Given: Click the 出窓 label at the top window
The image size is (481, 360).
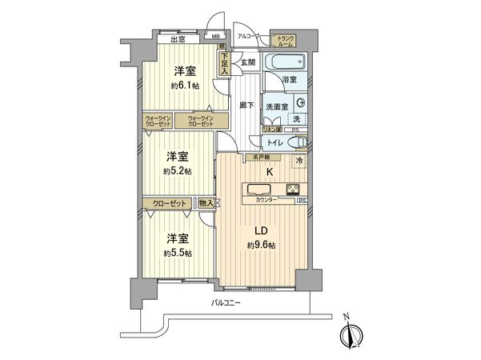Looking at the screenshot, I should (x=178, y=38).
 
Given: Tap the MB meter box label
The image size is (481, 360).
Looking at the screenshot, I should (x=215, y=36).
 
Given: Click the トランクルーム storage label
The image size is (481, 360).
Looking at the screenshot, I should (x=285, y=41).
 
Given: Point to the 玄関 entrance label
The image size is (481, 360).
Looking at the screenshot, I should (x=248, y=63).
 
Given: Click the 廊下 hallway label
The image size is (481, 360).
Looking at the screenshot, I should (x=247, y=105).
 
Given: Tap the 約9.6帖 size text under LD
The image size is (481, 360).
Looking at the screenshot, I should (x=261, y=245).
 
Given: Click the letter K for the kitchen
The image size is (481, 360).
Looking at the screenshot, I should (x=270, y=172).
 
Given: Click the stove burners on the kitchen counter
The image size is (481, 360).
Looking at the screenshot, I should (x=294, y=190).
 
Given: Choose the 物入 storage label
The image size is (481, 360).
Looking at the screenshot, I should (x=206, y=204).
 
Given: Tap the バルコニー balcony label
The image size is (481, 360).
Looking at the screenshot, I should (x=228, y=303).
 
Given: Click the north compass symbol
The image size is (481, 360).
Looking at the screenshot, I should (x=350, y=335).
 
